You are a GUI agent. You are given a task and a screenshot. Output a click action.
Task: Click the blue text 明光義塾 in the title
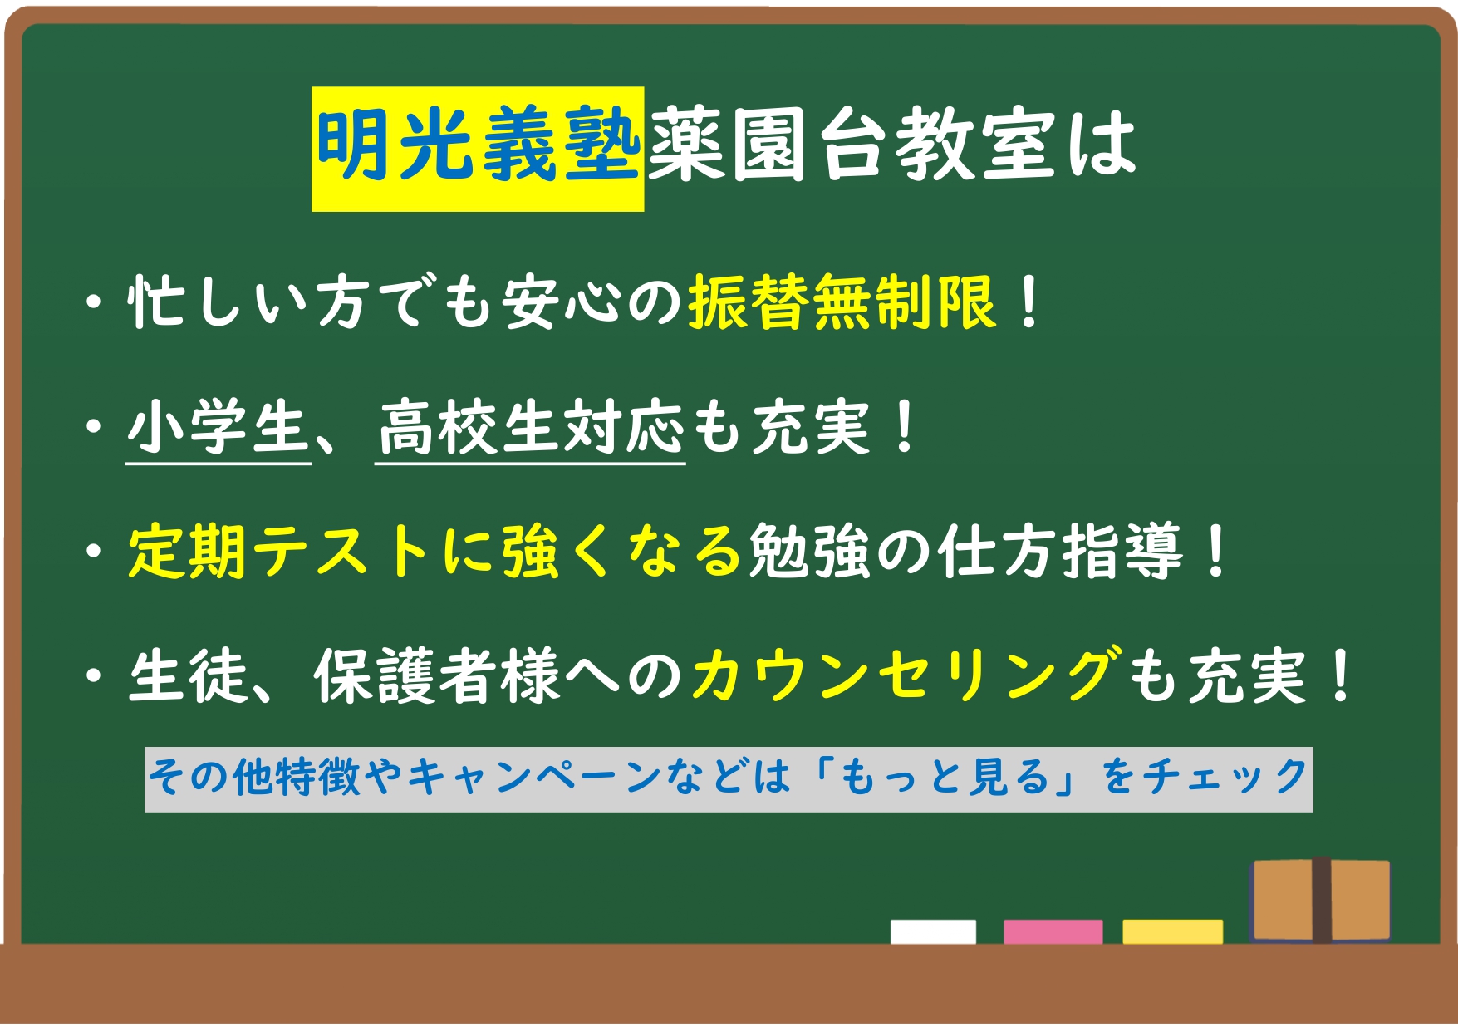478,145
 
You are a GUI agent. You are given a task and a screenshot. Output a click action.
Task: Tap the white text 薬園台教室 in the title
852,145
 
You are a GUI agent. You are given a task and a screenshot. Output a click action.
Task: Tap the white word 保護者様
438,675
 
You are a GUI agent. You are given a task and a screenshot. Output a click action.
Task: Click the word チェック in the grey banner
1225,778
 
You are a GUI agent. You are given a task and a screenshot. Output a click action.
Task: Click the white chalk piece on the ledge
933,931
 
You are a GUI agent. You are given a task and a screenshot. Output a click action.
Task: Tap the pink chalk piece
1053,931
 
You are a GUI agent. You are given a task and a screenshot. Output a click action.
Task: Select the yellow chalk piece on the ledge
1172,931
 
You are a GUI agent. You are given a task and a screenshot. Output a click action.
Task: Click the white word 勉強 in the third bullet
810,551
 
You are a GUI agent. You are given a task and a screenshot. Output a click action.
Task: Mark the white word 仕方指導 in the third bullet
1059,551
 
